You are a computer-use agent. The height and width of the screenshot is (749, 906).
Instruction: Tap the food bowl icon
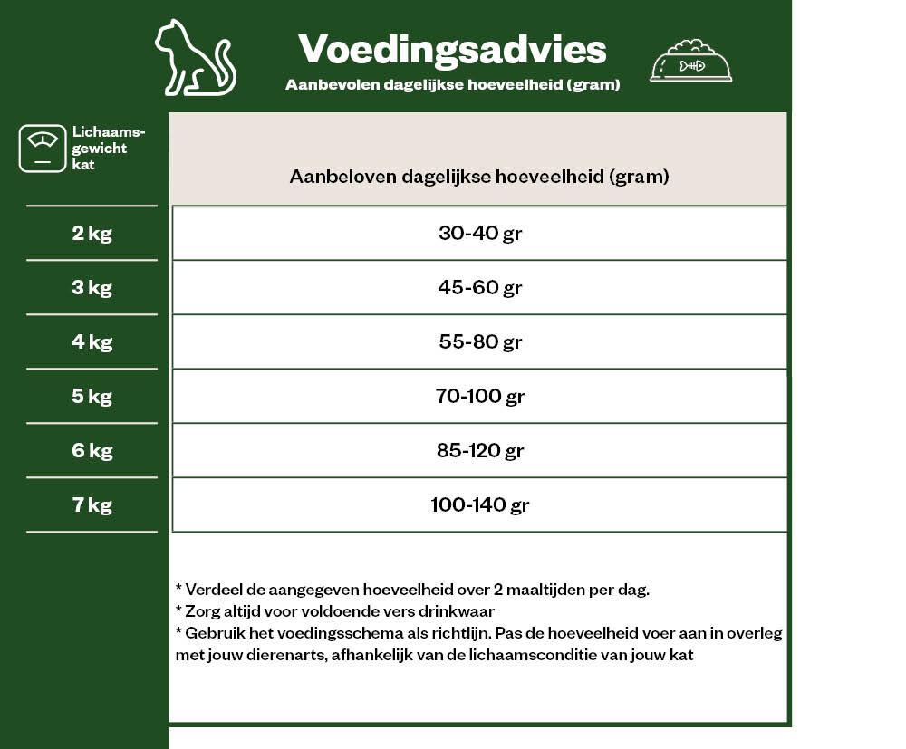[690, 61]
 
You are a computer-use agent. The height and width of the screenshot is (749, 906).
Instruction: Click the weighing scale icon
[43, 149]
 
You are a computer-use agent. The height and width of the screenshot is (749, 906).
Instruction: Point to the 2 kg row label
[92, 234]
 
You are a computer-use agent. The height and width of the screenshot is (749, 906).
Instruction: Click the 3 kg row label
[92, 288]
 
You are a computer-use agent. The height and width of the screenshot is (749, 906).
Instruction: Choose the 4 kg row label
[92, 342]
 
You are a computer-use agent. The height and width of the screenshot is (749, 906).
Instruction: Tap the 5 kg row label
[92, 397]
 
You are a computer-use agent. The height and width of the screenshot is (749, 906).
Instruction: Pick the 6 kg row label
[92, 451]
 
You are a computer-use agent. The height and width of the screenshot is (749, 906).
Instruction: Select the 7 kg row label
[92, 505]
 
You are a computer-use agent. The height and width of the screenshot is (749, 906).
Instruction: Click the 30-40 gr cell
[480, 234]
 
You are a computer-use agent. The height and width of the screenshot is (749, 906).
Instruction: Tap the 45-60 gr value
[480, 288]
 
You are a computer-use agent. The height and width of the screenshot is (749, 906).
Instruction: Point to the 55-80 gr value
[480, 342]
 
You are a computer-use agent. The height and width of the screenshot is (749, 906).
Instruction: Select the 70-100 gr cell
[480, 397]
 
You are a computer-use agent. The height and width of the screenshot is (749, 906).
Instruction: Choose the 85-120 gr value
[480, 451]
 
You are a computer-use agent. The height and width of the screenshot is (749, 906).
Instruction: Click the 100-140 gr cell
[480, 505]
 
